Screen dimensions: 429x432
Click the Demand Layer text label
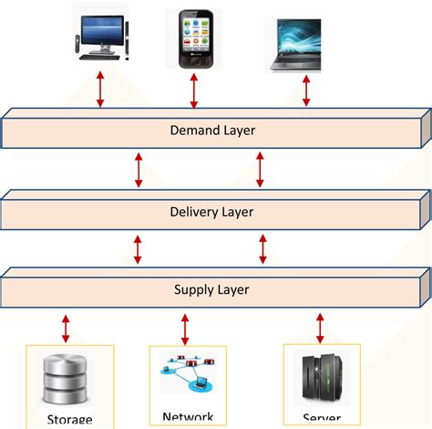pos(213,130)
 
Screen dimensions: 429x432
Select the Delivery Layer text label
pos(211,212)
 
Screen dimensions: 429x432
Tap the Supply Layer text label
pos(211,290)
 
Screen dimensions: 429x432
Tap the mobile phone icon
pos(194,38)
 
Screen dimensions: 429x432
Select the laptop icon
pos(293,43)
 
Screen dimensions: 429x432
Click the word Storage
pos(69,420)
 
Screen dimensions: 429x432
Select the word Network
pos(188,416)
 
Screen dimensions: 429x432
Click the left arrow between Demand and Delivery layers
pos(139,171)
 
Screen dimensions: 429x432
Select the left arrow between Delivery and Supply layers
pos(139,249)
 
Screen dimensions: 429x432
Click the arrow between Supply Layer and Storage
pos(66,326)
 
